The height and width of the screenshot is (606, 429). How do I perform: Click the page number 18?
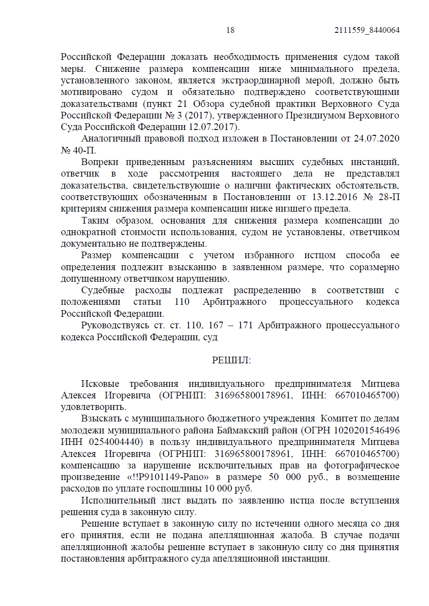pyautogui.click(x=230, y=30)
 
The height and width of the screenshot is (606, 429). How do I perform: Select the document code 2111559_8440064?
pyautogui.click(x=367, y=30)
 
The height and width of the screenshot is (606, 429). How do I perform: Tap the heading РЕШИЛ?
pyautogui.click(x=231, y=360)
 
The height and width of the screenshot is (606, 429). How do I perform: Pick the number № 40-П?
pyautogui.click(x=78, y=150)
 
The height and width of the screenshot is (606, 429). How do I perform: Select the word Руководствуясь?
pyautogui.click(x=115, y=325)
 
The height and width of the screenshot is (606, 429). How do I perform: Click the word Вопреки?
pyautogui.click(x=100, y=162)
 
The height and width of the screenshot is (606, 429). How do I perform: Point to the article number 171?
pyautogui.click(x=245, y=325)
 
